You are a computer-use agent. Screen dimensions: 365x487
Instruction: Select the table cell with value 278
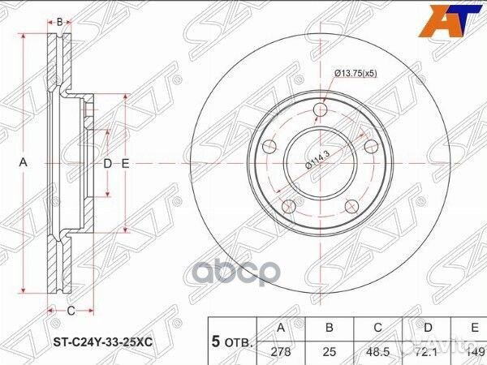click(281, 351)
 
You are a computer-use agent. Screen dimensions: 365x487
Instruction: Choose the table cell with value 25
click(330, 351)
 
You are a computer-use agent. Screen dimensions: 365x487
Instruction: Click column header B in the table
click(330, 329)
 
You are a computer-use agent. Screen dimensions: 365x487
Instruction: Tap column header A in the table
click(281, 329)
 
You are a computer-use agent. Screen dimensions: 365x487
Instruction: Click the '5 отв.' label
click(231, 341)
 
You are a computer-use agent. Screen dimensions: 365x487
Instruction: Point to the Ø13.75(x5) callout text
click(356, 74)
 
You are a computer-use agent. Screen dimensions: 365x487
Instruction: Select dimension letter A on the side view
click(24, 162)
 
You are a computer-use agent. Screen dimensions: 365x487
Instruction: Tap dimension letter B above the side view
click(60, 21)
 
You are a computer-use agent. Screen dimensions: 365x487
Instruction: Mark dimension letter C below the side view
click(71, 311)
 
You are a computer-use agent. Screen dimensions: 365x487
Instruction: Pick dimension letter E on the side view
click(126, 163)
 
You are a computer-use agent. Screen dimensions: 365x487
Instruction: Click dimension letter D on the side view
click(107, 163)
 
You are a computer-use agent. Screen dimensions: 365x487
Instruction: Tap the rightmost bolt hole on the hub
click(372, 146)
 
